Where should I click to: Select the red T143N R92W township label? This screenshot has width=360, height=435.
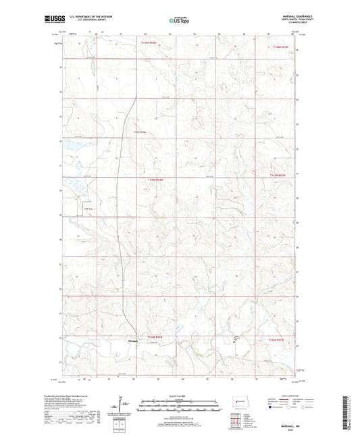[156, 180]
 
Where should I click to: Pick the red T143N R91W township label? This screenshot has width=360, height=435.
[280, 174]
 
